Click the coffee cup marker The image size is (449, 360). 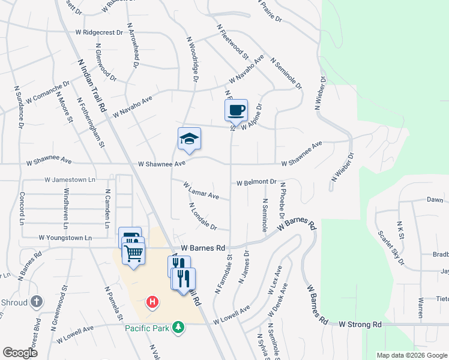click(x=237, y=110)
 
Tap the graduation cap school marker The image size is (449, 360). click(x=189, y=139)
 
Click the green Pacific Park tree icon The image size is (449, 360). click(x=178, y=327)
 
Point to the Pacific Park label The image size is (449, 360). click(x=146, y=328)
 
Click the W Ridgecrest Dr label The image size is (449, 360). click(x=100, y=32)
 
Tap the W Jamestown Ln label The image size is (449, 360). click(x=70, y=179)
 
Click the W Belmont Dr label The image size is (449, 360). click(x=256, y=182)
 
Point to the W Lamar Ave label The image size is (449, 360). click(x=201, y=191)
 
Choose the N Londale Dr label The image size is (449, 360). click(x=202, y=217)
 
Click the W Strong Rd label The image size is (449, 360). click(x=360, y=324)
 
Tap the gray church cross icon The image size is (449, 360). click(x=37, y=301)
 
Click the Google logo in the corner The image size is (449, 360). click(x=20, y=353)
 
